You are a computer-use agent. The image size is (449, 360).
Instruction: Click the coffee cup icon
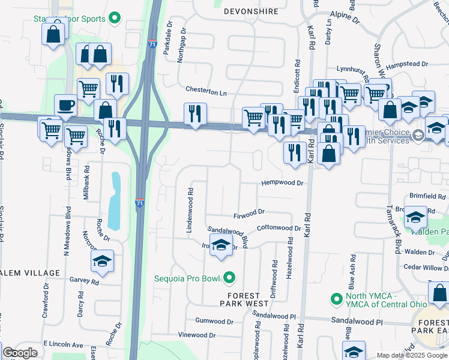tap(66, 106)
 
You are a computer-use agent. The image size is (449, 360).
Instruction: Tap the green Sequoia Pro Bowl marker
tap(229, 277)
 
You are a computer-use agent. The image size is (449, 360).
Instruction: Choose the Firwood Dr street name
tap(249, 212)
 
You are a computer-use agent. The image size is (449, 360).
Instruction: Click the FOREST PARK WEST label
tap(244, 300)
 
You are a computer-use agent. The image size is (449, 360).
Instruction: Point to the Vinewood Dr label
tap(196, 335)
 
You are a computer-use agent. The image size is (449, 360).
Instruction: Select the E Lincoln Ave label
tap(63, 345)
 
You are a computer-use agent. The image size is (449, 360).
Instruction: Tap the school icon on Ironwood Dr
tap(221, 245)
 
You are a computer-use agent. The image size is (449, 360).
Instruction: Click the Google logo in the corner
tap(20, 353)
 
